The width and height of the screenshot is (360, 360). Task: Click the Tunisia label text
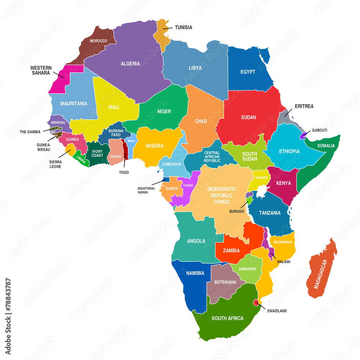pos(183,27)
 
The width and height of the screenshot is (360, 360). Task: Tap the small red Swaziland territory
pos(256,303)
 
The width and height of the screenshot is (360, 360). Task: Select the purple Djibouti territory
pos(304,135)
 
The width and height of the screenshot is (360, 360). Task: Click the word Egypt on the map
pos(248,72)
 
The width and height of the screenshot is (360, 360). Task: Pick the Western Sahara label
pos(41,70)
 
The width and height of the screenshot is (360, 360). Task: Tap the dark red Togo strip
pos(125,149)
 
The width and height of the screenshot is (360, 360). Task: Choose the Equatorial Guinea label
pos(146,190)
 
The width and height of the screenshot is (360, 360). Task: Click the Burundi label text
pos(237,211)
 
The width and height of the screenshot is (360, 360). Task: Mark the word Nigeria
pos(154,146)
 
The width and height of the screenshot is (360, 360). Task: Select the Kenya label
pos(283,183)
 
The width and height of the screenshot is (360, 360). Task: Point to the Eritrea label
pos(304,106)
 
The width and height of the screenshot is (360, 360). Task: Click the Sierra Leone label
pos(55,164)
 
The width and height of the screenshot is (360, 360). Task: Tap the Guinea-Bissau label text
pos(44,147)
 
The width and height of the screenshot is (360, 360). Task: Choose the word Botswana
pos(225,282)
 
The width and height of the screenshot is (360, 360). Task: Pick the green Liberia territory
pos(81,160)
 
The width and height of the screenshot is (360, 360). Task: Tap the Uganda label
pos(262,177)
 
